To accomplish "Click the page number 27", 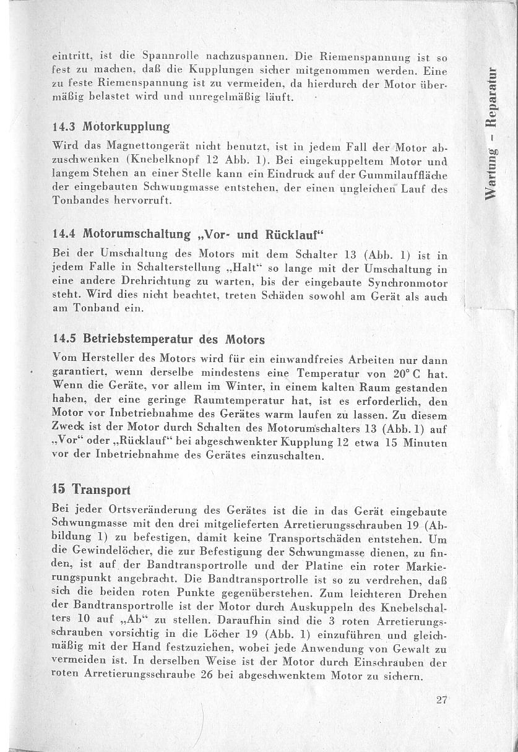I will coord(441,700).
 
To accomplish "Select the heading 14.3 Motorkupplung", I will coord(111,127).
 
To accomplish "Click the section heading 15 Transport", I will coord(92,489).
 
